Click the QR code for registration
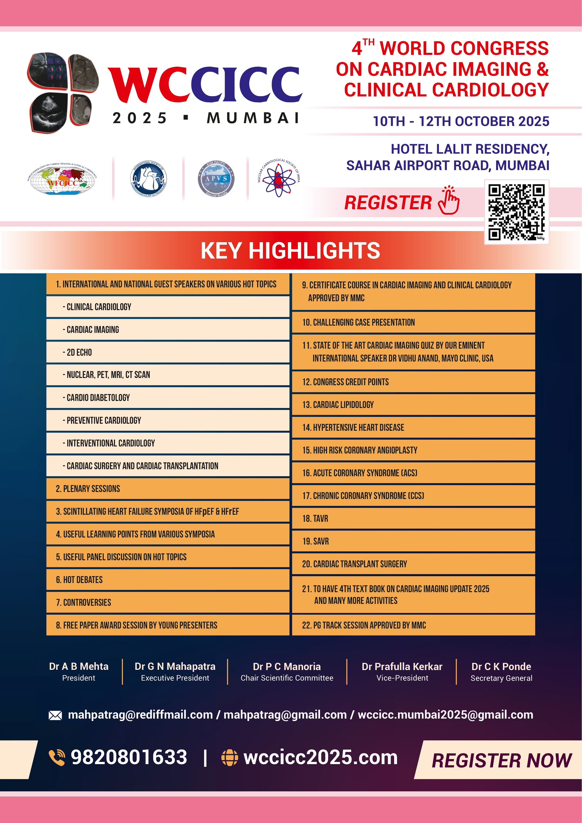coord(516,212)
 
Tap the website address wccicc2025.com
coord(320,757)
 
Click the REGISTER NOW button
coord(501,760)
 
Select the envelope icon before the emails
coord(55,716)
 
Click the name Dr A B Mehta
coord(79,666)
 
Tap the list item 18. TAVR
coord(315,518)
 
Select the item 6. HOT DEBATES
coord(79,580)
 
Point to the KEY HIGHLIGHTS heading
coord(290,250)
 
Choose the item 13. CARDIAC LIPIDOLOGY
coord(338,405)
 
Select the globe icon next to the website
coord(230,757)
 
